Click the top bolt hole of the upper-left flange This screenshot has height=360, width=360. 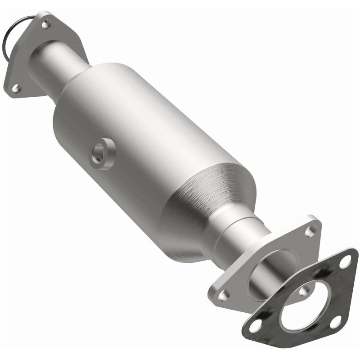tap(45, 24)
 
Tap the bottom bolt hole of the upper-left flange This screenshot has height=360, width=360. tap(16, 89)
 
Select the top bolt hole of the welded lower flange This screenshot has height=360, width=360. tap(310, 231)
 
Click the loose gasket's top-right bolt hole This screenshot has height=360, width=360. tap(345, 261)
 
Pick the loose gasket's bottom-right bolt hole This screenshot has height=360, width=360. tap(335, 321)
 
